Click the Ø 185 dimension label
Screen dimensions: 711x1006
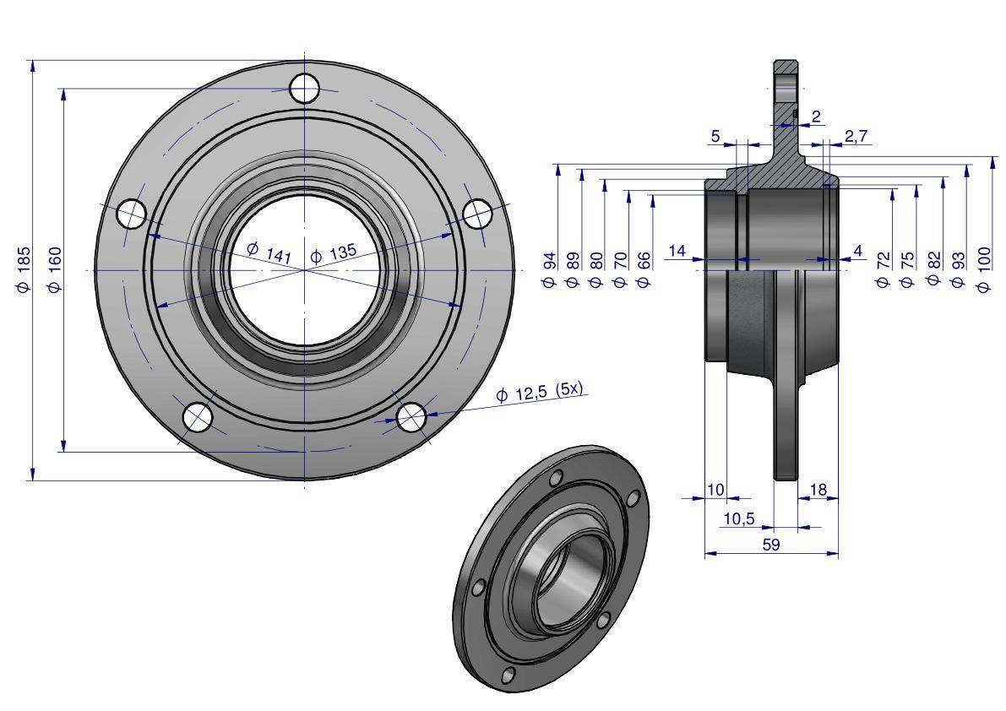pyautogui.click(x=24, y=269)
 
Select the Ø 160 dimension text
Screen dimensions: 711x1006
pyautogui.click(x=55, y=269)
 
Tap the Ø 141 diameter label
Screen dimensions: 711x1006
pyautogui.click(x=269, y=252)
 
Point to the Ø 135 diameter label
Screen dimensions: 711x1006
pyautogui.click(x=334, y=253)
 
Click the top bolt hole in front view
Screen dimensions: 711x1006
pyautogui.click(x=304, y=87)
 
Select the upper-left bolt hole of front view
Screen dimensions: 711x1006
pyautogui.click(x=131, y=214)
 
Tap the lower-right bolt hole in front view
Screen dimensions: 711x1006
pyautogui.click(x=411, y=415)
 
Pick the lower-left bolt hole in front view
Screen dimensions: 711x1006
pyautogui.click(x=198, y=416)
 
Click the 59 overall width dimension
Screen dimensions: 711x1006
pyautogui.click(x=771, y=545)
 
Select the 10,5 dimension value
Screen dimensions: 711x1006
pyautogui.click(x=739, y=518)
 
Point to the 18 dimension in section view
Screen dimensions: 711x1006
pyautogui.click(x=818, y=490)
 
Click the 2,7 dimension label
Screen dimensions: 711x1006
pyautogui.click(x=856, y=135)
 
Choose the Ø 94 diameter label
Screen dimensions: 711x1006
pyautogui.click(x=550, y=269)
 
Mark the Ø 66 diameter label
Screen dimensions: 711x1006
pyautogui.click(x=644, y=269)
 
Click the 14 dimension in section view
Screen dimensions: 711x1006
pyautogui.click(x=677, y=250)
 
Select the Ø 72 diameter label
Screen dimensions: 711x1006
pyautogui.click(x=884, y=269)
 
